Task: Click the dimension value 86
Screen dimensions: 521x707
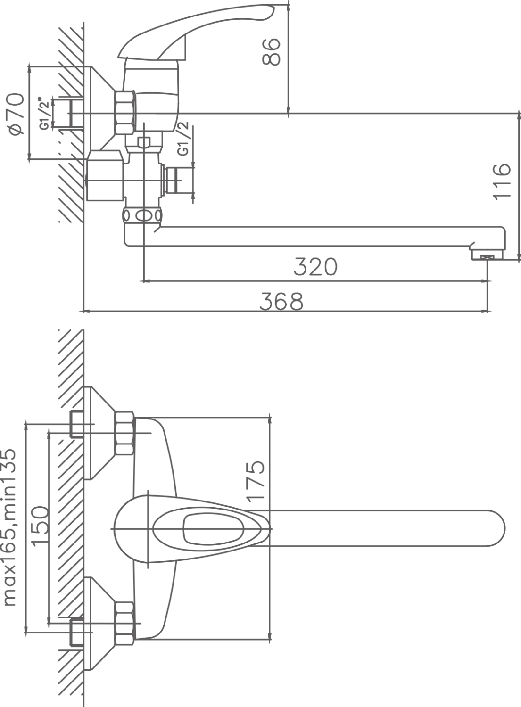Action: coord(271,52)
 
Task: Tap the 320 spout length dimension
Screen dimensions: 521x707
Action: coord(315,267)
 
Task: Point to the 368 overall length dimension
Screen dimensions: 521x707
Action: coord(281,301)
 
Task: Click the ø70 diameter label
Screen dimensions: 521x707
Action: coord(17,114)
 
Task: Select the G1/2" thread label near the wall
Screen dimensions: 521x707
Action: coord(45,114)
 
